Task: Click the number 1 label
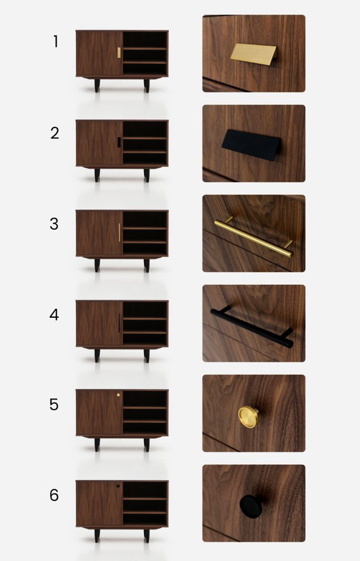[55, 42]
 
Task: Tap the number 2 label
[55, 133]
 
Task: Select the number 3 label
[55, 224]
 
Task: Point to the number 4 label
[55, 315]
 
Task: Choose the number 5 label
[55, 405]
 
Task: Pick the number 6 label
[55, 495]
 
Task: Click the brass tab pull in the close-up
[253, 54]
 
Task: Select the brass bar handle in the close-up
[253, 235]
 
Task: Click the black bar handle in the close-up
[251, 327]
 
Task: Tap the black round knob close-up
[251, 506]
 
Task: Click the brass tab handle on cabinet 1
[119, 52]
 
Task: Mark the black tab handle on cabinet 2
[119, 142]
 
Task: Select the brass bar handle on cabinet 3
[120, 233]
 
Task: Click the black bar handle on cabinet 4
[120, 323]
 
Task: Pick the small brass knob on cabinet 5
[118, 395]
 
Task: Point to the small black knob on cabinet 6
[118, 486]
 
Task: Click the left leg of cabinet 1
[97, 86]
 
